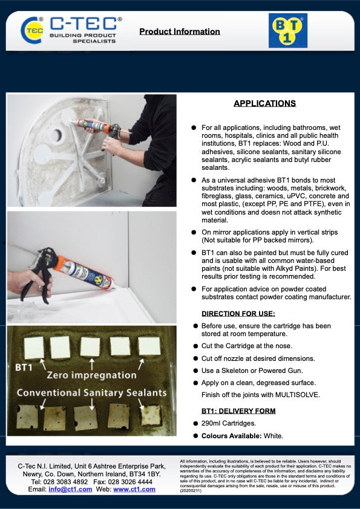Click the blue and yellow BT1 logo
287,30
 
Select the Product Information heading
180,31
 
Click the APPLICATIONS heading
264,103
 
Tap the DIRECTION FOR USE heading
238,313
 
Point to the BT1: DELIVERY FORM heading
238,411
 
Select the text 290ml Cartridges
230,423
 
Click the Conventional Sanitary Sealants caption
91,393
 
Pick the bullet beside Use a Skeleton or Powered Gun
195,371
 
